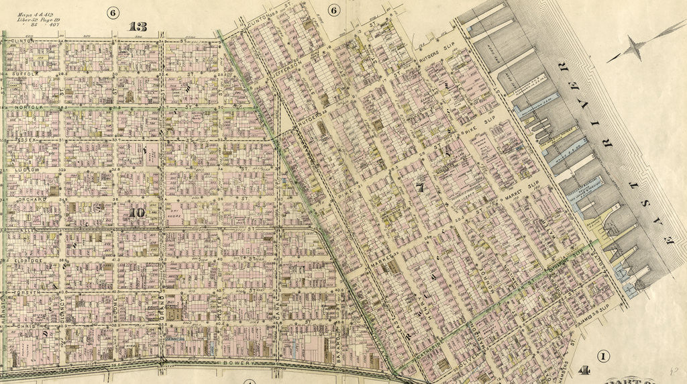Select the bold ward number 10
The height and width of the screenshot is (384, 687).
(137, 213)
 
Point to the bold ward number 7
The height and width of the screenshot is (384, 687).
(420, 188)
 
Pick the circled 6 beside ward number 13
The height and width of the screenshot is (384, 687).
(112, 13)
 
